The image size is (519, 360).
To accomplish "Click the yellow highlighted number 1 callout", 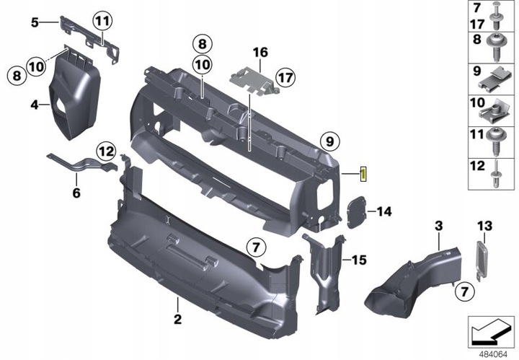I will coord(365,174).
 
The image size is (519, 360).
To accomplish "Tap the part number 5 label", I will coord(34,22).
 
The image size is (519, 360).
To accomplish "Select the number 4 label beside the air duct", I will coord(34,105).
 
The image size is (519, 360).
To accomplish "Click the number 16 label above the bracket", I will coord(259,52).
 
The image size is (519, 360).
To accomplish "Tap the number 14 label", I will coord(383,211).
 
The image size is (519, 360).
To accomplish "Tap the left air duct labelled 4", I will coord(74,97).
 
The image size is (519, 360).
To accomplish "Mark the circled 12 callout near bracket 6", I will coord(106,152).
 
